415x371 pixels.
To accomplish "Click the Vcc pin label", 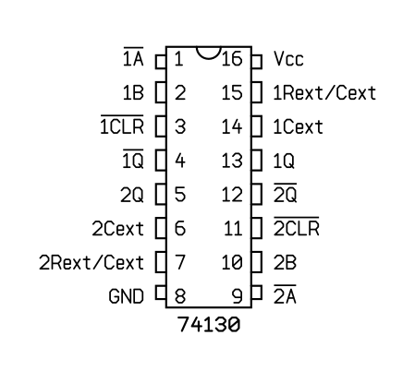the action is pyautogui.click(x=288, y=58).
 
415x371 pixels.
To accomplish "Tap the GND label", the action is pyautogui.click(x=127, y=296).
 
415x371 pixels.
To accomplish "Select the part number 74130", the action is pyautogui.click(x=209, y=324).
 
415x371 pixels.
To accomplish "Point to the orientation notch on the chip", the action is pyautogui.click(x=209, y=54).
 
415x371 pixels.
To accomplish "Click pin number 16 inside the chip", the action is pyautogui.click(x=232, y=58).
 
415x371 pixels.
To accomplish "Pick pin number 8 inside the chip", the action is pyautogui.click(x=180, y=296).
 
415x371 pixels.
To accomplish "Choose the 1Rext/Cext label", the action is pyautogui.click(x=324, y=92).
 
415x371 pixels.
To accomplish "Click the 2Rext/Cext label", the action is pyautogui.click(x=92, y=262).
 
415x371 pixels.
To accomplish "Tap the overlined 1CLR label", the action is pyautogui.click(x=122, y=125).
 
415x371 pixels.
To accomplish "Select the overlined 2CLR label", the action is pyautogui.click(x=297, y=226).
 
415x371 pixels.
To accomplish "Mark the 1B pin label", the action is pyautogui.click(x=133, y=92).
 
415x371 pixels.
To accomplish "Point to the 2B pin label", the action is pyautogui.click(x=285, y=262).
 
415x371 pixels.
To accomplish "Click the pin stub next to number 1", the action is pyautogui.click(x=161, y=62).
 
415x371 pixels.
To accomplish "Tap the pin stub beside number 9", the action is pyautogui.click(x=257, y=293).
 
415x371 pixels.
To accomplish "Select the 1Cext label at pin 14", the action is pyautogui.click(x=298, y=126).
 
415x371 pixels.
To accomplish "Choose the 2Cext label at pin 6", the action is pyautogui.click(x=118, y=229).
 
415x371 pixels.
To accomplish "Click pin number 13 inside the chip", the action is pyautogui.click(x=232, y=161).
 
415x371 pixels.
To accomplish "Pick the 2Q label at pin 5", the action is pyautogui.click(x=132, y=195).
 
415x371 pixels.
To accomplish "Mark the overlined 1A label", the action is pyautogui.click(x=133, y=56).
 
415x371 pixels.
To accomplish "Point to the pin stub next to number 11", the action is pyautogui.click(x=257, y=228).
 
